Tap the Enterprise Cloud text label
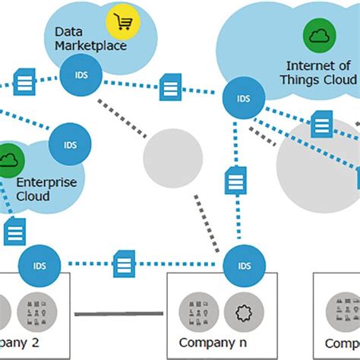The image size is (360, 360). (44, 189)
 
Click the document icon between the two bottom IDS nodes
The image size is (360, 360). (125, 264)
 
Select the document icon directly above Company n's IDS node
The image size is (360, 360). (235, 181)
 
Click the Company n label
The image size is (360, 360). (204, 343)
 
